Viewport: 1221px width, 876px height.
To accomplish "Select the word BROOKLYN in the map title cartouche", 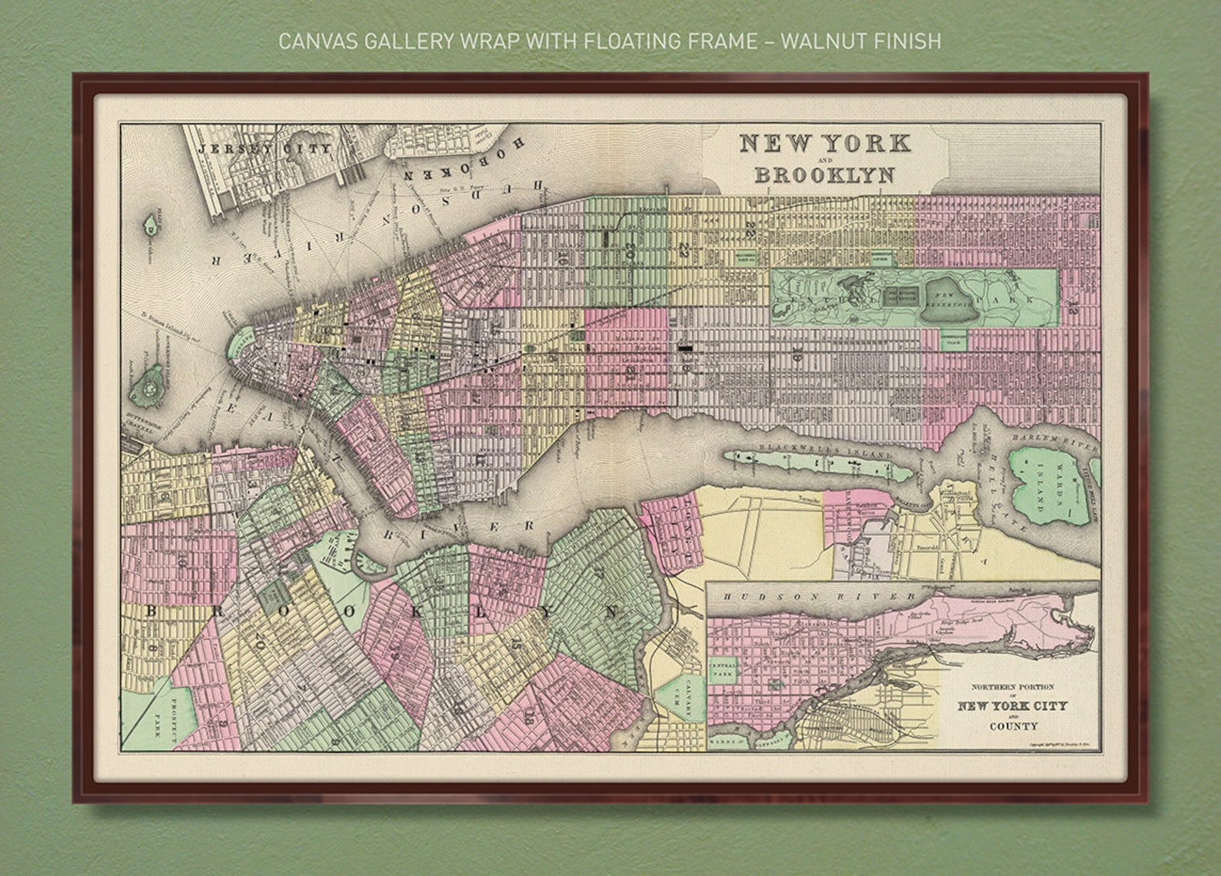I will [x=824, y=175].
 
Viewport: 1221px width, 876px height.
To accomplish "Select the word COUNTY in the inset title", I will [x=1013, y=725].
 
